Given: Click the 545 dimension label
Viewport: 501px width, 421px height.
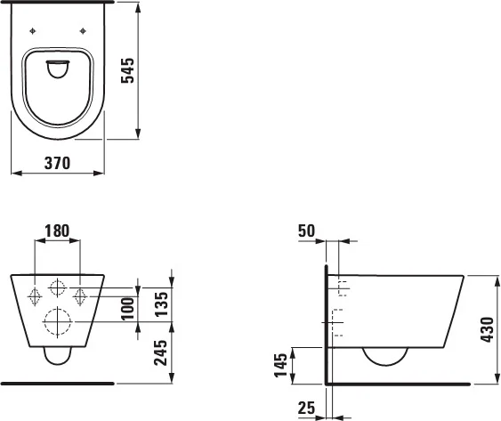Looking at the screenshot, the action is [x=128, y=70].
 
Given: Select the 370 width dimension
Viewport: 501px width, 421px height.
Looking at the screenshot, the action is [x=57, y=163].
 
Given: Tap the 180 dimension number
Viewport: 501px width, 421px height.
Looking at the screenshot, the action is [x=57, y=231].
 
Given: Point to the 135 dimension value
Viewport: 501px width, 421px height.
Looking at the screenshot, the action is [x=161, y=304].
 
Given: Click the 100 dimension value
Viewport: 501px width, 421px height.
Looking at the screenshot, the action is [x=128, y=309].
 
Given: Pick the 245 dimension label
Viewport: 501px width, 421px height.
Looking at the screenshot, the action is [x=161, y=352].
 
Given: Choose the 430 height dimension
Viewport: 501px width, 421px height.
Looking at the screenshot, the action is [x=488, y=329].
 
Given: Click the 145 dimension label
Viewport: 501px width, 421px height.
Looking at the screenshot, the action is [x=281, y=366].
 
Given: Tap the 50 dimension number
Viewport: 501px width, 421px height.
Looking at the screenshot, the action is [x=306, y=231].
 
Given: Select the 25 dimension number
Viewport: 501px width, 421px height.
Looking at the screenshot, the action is [x=306, y=408].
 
